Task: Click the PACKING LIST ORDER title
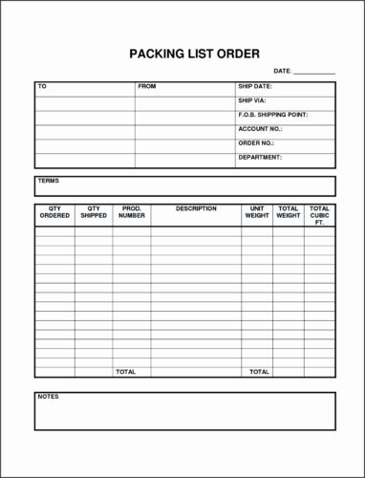click(x=194, y=54)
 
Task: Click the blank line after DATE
click(x=314, y=73)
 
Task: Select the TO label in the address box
click(x=42, y=87)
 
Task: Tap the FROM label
click(x=146, y=87)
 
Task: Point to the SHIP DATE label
click(x=255, y=87)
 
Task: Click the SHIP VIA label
click(x=253, y=100)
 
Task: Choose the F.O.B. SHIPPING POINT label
click(x=272, y=115)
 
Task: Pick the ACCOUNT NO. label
click(x=260, y=129)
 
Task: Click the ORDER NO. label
click(x=256, y=142)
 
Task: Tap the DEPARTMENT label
click(x=260, y=157)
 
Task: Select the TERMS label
click(x=48, y=181)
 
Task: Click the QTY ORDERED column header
click(x=54, y=212)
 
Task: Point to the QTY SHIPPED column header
click(x=94, y=212)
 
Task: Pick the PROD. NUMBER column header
click(x=131, y=212)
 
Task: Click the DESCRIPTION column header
click(x=196, y=208)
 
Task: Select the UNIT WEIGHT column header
click(x=257, y=212)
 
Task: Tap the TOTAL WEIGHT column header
click(x=288, y=212)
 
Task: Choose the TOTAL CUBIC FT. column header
click(x=319, y=215)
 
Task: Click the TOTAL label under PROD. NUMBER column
click(x=125, y=371)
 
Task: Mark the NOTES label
click(x=48, y=396)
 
